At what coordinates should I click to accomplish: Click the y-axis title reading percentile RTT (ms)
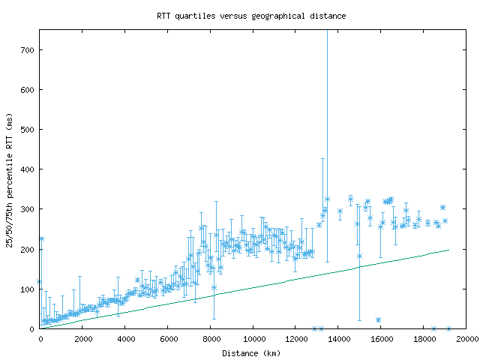click(x=10, y=178)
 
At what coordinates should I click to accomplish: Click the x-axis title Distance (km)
click(x=251, y=352)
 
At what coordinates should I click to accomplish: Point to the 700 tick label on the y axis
click(x=28, y=50)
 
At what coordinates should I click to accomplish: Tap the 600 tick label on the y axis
click(x=28, y=90)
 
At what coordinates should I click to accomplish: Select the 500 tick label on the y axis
click(x=28, y=130)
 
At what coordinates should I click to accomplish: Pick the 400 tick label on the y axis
click(x=28, y=169)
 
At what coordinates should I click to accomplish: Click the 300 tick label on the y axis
click(x=28, y=209)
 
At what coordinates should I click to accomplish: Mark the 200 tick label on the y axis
click(x=28, y=249)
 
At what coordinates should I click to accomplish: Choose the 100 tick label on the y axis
click(x=28, y=289)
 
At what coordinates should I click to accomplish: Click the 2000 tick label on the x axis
click(x=82, y=339)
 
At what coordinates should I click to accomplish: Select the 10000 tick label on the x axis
click(x=253, y=339)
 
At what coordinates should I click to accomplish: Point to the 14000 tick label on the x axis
click(x=339, y=339)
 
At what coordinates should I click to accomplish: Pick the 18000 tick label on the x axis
click(x=424, y=339)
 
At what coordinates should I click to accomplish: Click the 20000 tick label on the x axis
click(x=466, y=339)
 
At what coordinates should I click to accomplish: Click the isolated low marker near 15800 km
click(x=378, y=319)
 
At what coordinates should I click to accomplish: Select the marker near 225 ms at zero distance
click(x=41, y=238)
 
